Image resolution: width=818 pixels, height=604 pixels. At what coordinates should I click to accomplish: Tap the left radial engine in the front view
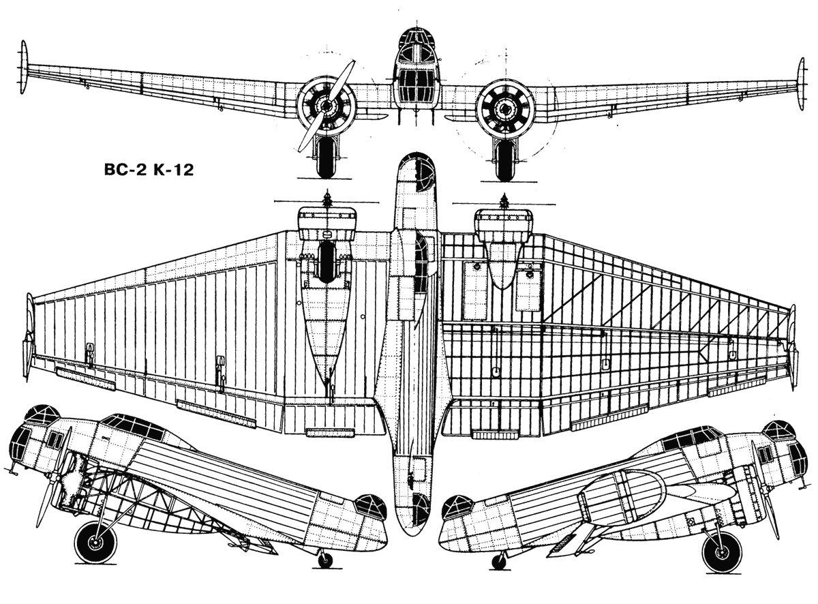click(x=327, y=106)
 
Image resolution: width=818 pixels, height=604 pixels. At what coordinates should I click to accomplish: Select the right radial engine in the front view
click(x=505, y=106)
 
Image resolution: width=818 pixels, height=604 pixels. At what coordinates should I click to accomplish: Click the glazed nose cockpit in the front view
click(x=416, y=75)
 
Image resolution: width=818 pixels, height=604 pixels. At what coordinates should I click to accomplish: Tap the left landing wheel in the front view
click(x=325, y=160)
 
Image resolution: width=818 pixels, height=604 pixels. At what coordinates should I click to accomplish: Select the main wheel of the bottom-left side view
click(x=95, y=542)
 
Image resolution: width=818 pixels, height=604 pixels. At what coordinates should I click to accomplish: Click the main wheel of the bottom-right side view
click(x=722, y=551)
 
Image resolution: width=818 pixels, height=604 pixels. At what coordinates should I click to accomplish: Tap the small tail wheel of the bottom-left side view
click(x=325, y=560)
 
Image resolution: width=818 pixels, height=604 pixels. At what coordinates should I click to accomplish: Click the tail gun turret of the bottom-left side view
click(x=370, y=507)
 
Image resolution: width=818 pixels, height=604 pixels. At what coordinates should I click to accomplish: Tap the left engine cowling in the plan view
click(x=327, y=222)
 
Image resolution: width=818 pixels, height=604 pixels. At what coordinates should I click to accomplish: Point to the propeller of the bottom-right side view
click(x=772, y=508)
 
